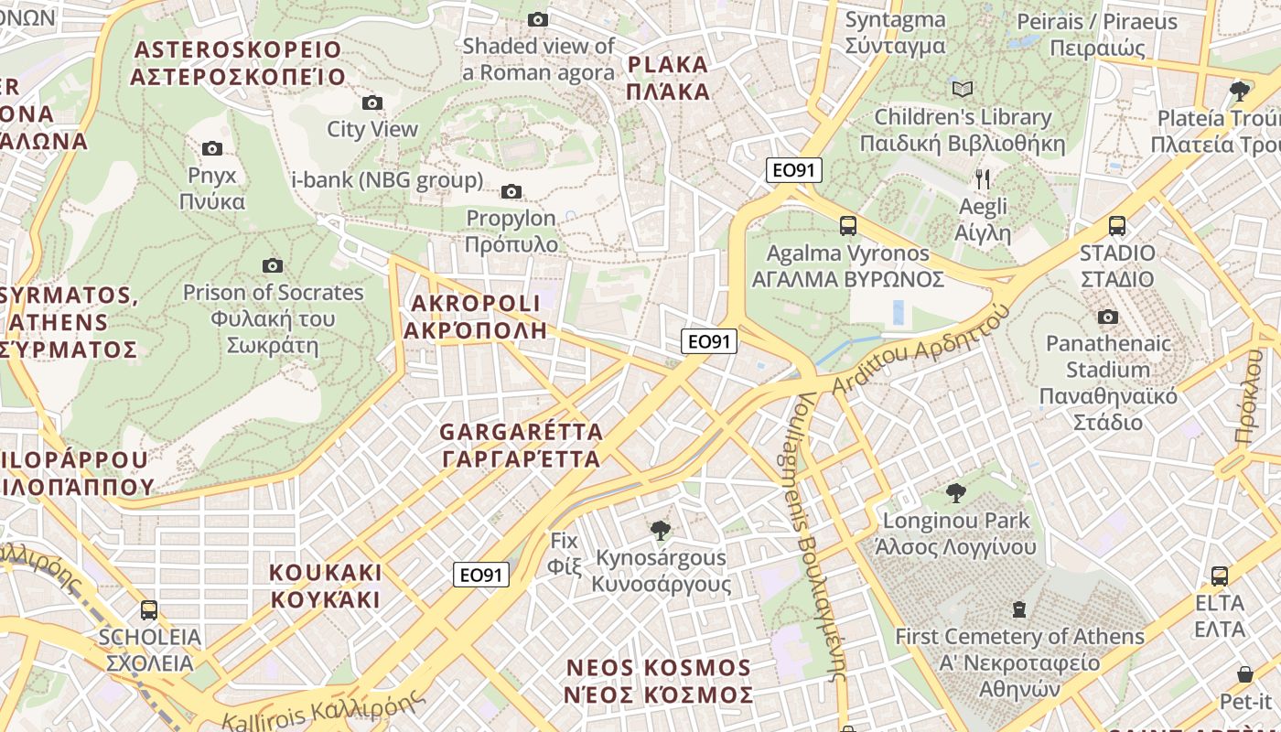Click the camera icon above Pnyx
pos(211,148)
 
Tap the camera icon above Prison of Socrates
pos(272,265)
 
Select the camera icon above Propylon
pos(511,191)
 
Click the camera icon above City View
pos(371,102)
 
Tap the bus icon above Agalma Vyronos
pos(847,225)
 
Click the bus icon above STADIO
pos(1116,225)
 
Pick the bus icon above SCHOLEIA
pos(148,609)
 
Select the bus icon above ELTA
pos(1219,576)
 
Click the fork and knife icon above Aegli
pos(983,178)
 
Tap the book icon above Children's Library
pos(962,89)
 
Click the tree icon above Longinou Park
pos(955,493)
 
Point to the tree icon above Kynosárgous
pos(659,530)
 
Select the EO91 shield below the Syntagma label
pos(794,169)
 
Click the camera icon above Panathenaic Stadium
pos(1107,317)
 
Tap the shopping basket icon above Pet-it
pos(1244,674)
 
